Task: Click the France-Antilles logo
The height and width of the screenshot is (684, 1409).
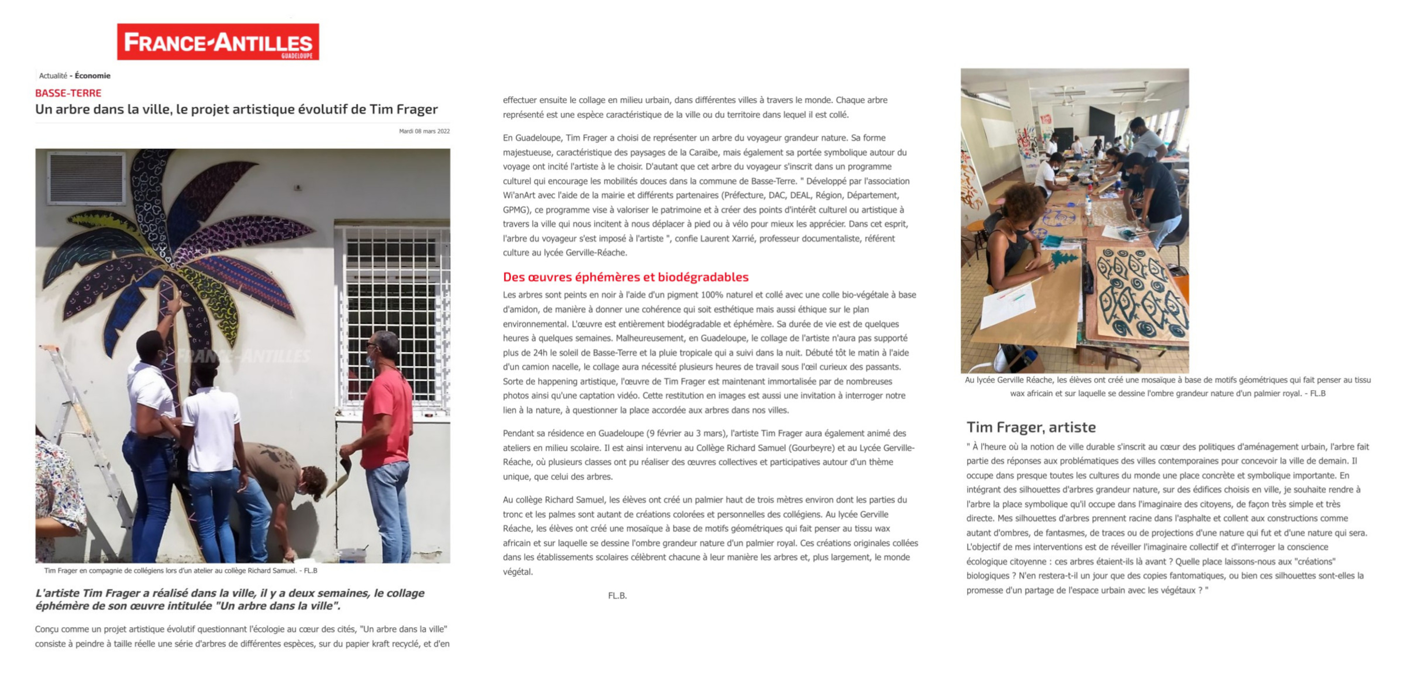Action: pyautogui.click(x=218, y=42)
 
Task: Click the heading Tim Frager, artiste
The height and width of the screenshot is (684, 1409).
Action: pyautogui.click(x=1030, y=427)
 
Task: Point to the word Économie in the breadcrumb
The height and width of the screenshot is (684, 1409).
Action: pyautogui.click(x=92, y=76)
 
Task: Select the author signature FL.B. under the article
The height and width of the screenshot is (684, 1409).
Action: pyautogui.click(x=617, y=595)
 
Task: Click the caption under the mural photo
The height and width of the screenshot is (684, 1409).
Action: pyautogui.click(x=181, y=570)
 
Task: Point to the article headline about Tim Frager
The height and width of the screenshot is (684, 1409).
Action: pyautogui.click(x=236, y=109)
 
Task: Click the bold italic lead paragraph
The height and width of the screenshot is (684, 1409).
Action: pyautogui.click(x=230, y=599)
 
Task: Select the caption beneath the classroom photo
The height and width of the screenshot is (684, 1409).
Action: pyautogui.click(x=1167, y=386)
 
